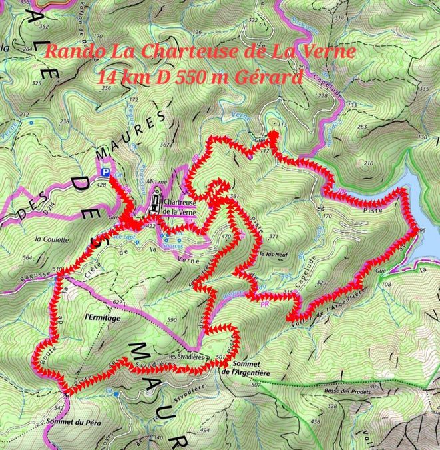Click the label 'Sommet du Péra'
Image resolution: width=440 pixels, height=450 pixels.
(72, 421)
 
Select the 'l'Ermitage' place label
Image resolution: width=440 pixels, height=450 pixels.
(103, 318)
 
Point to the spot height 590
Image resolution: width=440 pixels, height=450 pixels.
(172, 320)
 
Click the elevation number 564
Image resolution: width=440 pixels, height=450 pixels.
(27, 257)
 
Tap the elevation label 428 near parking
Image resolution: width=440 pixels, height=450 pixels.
(101, 184)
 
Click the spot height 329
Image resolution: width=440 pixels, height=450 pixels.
(322, 283)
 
